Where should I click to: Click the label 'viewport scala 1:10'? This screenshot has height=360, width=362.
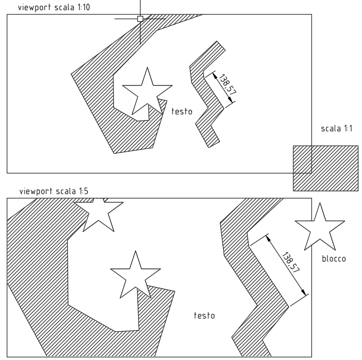[x=54, y=7]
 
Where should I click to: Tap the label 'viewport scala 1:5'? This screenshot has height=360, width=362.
[x=54, y=191]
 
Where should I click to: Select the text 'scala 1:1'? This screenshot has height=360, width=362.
[x=336, y=129]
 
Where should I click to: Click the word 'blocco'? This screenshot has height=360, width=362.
[x=334, y=258]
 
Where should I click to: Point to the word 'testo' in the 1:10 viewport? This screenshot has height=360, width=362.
[x=182, y=112]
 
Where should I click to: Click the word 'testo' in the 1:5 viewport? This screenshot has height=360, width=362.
[x=204, y=315]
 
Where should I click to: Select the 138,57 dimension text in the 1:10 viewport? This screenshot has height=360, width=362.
[x=228, y=85]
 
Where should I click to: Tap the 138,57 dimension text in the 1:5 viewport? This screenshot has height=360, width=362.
[x=291, y=263]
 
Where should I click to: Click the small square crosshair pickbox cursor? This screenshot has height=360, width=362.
[x=140, y=19]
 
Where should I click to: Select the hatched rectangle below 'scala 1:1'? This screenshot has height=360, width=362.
[x=325, y=168]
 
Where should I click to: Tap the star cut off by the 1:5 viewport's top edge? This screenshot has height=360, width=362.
[x=98, y=214]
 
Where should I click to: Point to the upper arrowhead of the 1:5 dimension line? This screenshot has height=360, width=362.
[x=268, y=238]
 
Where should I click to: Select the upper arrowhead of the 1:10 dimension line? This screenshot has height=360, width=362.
[x=215, y=75]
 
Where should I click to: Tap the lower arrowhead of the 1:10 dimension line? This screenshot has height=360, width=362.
[x=231, y=99]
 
